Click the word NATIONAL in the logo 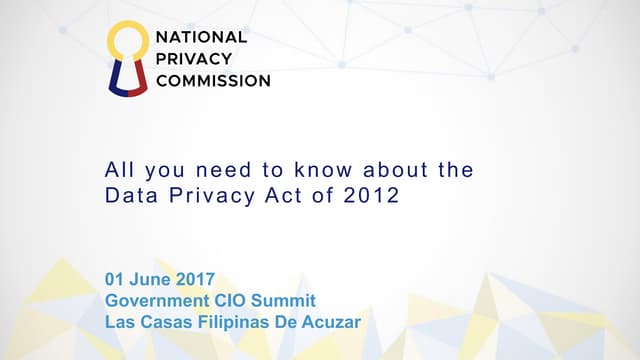200,37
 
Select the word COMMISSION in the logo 212,81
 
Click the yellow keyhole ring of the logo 127,42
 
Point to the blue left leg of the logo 116,78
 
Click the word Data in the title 127,196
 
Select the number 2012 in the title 375,196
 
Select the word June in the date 149,278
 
